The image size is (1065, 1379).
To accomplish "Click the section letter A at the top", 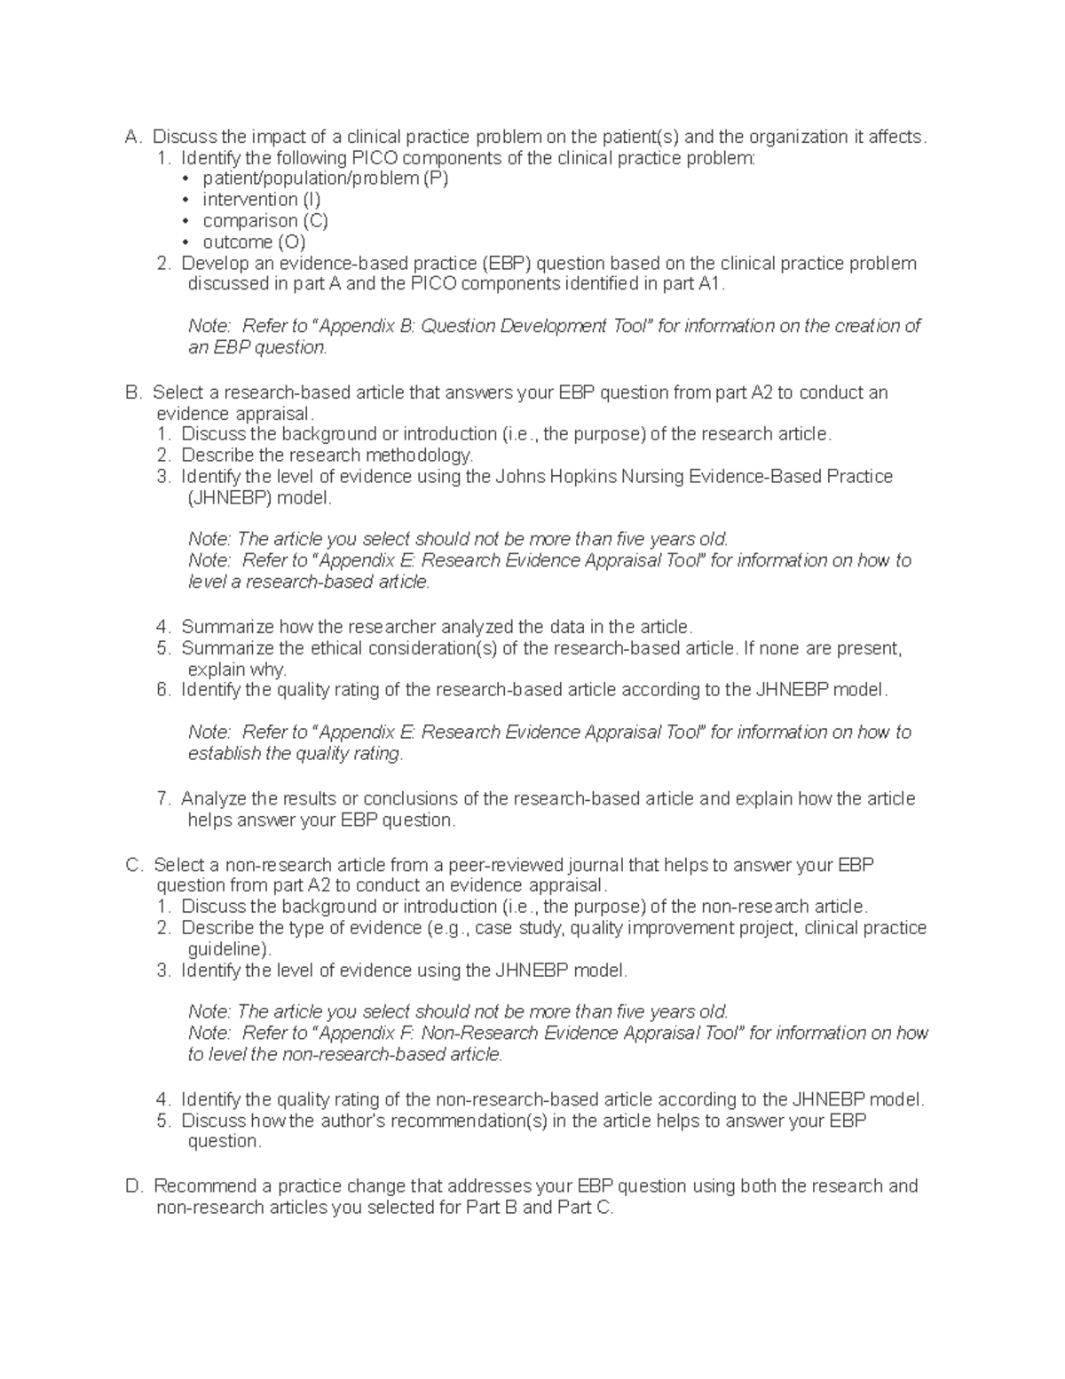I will click(132, 137).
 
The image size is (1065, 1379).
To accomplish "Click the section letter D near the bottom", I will click(133, 1186).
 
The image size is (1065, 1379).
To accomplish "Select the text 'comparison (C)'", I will click(265, 221).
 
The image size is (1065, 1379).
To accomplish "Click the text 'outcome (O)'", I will click(254, 242).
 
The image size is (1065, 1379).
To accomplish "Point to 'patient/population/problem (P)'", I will click(326, 178).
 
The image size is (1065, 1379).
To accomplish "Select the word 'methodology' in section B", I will click(422, 456).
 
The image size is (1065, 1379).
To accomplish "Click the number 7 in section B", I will click(163, 799).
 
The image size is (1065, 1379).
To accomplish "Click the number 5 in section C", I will click(163, 1121).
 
